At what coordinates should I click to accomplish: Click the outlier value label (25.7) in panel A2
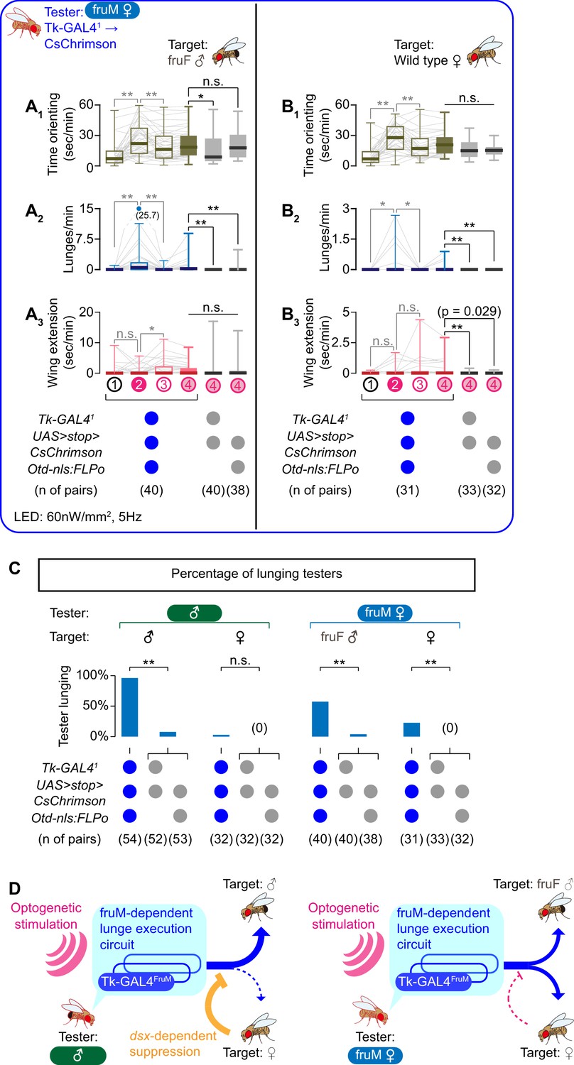[148, 215]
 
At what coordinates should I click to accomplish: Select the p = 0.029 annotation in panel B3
[469, 312]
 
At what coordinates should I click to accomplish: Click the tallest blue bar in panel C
[130, 707]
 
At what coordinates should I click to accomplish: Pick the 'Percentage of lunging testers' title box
[256, 575]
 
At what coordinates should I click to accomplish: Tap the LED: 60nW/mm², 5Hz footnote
[78, 517]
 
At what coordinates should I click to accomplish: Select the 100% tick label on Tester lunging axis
[92, 676]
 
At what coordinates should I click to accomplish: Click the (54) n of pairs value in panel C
[130, 839]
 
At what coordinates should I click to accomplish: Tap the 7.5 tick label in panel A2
[85, 239]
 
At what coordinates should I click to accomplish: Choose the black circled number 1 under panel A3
[114, 384]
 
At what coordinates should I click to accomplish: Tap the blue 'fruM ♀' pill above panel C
[385, 612]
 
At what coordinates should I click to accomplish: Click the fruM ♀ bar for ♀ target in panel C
[411, 730]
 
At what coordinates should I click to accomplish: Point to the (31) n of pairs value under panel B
[408, 490]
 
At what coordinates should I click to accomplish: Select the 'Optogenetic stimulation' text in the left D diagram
[45, 916]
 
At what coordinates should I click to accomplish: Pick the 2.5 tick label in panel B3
[342, 342]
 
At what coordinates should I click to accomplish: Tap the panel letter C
[15, 568]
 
